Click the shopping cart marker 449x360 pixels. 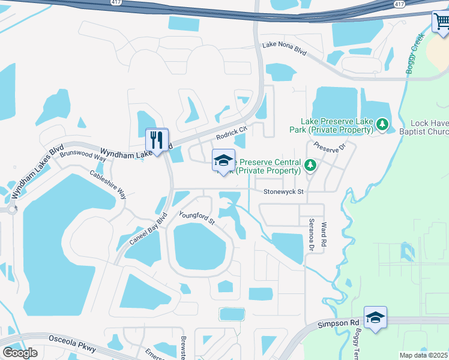pos(441,22)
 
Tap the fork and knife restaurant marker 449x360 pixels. pos(157,140)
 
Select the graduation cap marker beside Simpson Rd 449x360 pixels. pos(375,317)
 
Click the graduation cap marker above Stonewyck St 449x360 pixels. pos(223,161)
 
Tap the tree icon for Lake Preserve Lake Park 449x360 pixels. pos(382,125)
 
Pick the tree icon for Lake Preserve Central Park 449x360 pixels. pos(310,164)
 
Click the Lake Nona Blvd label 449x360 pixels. pos(284,50)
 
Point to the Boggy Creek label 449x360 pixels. pos(415,54)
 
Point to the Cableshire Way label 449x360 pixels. pos(108,185)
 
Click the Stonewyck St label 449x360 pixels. pos(284,192)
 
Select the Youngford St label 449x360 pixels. pos(197,217)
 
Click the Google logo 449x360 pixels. pos(20,352)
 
